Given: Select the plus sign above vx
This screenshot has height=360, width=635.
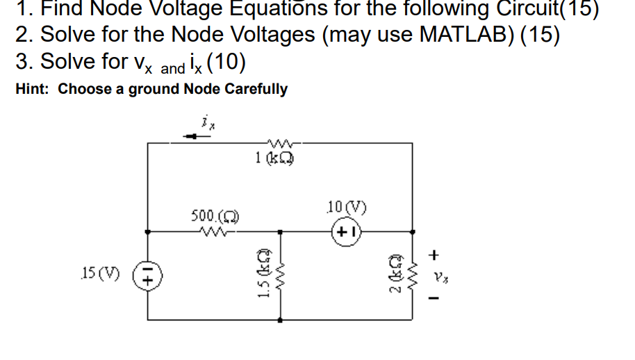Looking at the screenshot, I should click(437, 255).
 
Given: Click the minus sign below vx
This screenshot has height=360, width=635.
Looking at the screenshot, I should click(437, 299).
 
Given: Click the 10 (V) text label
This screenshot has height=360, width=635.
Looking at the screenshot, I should click(345, 207).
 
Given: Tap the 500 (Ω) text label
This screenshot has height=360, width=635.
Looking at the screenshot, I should click(210, 216).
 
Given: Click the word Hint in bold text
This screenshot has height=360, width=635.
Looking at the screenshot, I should click(33, 89).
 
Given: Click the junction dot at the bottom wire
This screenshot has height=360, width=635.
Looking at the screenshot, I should click(281, 320).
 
